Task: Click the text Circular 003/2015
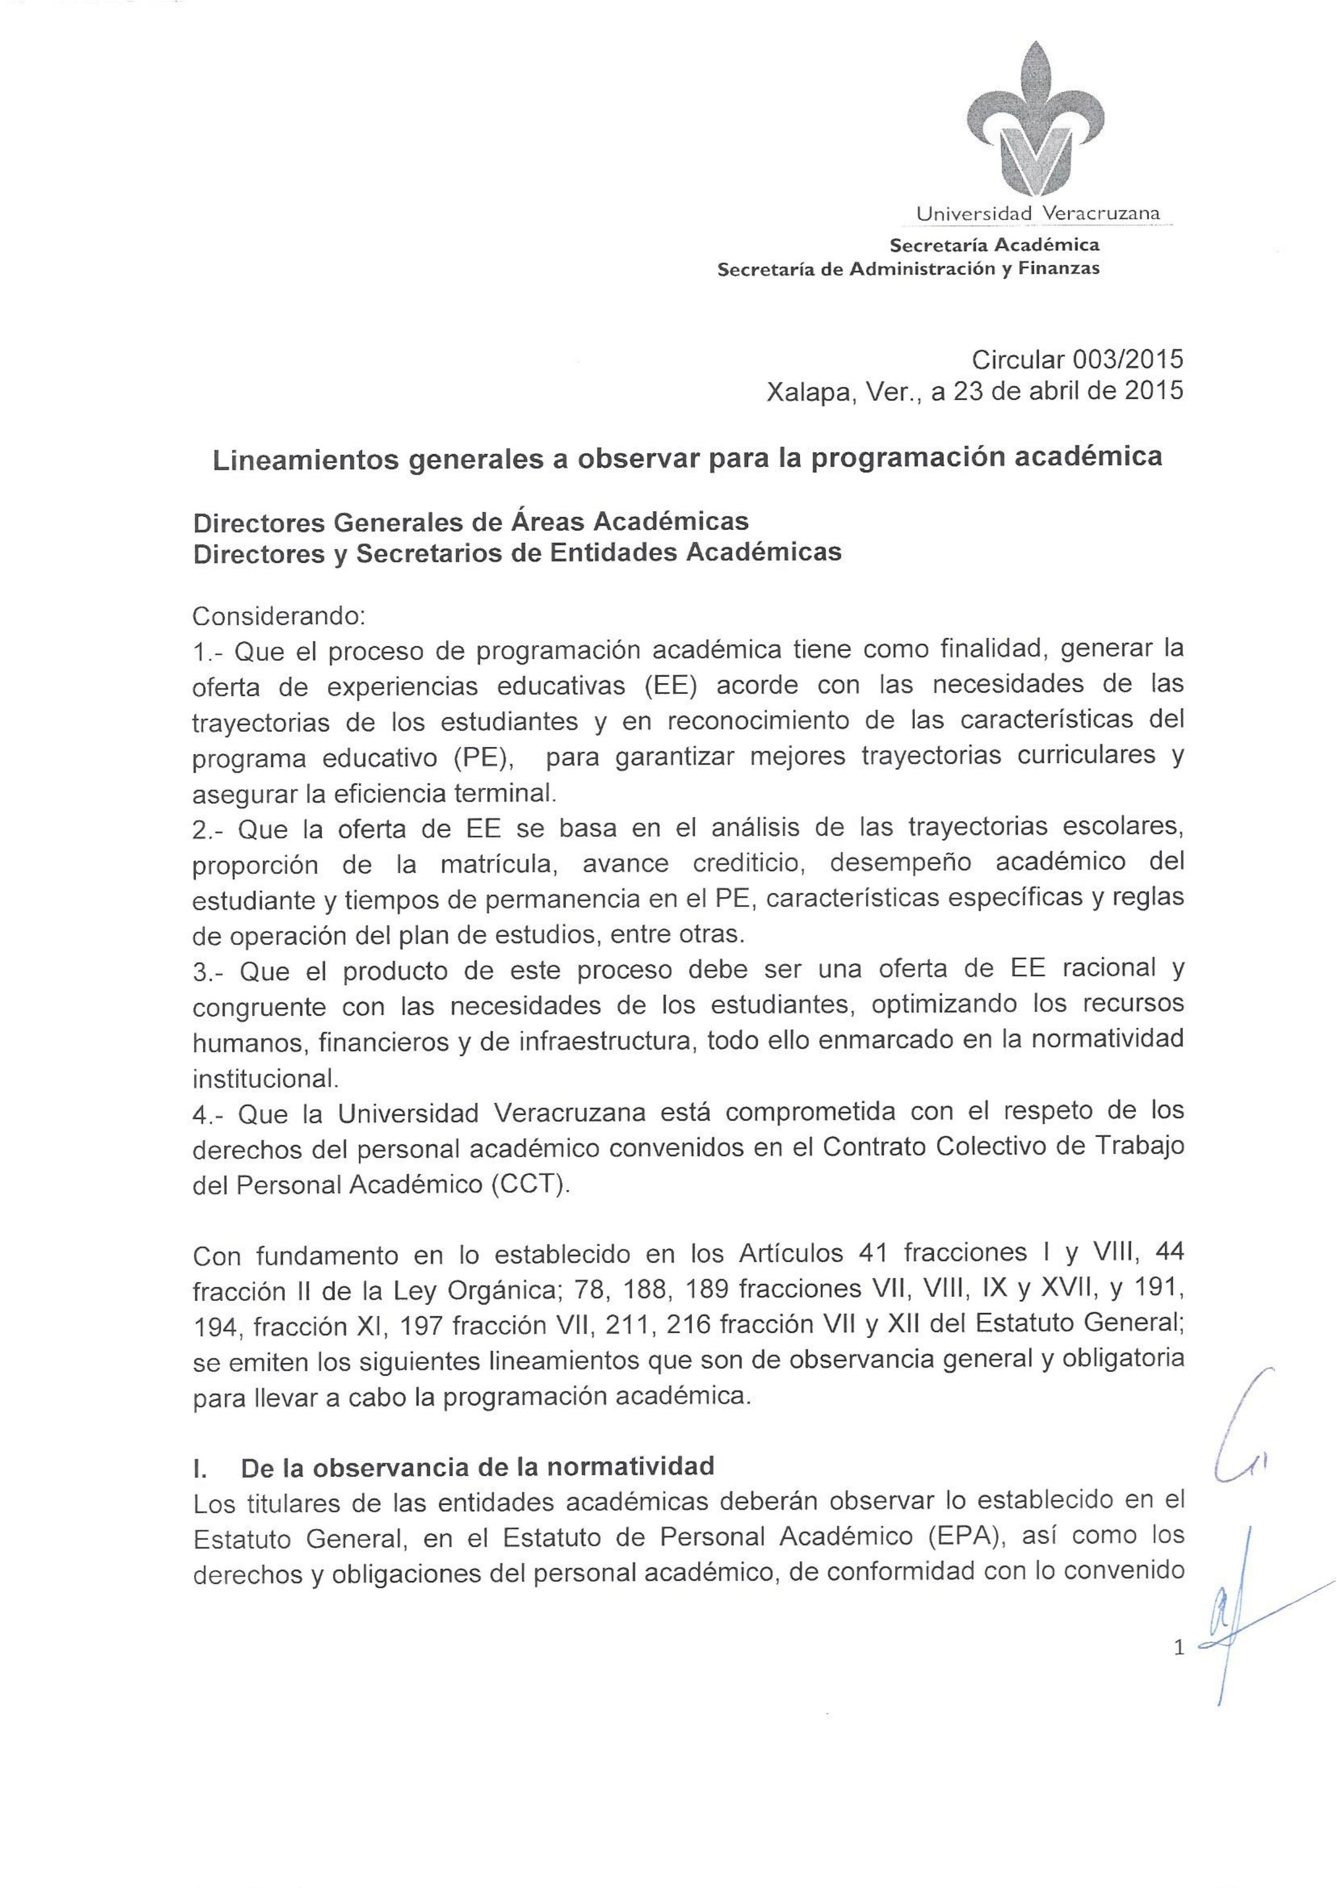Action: (x=1077, y=359)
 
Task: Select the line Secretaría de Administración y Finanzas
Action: (x=908, y=269)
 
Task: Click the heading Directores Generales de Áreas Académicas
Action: (x=470, y=522)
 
